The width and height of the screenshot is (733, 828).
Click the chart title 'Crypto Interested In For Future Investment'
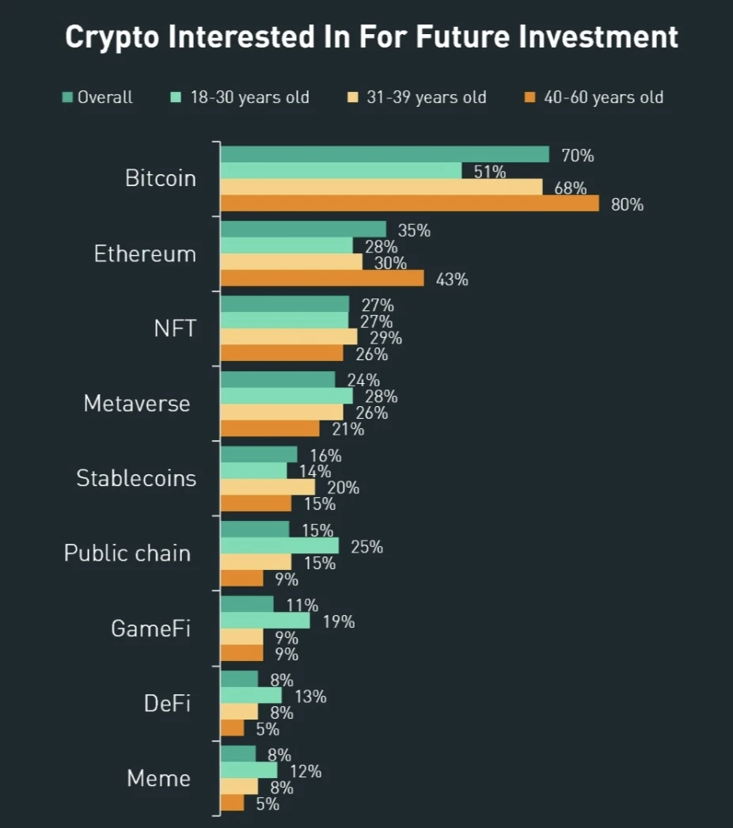point(371,37)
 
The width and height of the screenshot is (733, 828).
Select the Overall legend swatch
point(68,98)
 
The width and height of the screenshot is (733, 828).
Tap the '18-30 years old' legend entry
point(239,98)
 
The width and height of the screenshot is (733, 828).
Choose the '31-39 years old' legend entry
point(416,98)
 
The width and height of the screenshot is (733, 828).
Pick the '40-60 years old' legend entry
point(593,98)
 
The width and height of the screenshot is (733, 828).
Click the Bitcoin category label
point(161,178)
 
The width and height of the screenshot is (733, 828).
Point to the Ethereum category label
point(145,254)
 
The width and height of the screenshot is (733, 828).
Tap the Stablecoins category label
point(136,478)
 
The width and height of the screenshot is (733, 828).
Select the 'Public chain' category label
point(127,553)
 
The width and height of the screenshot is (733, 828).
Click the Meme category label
point(159,778)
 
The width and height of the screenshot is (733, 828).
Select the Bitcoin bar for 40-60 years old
point(409,203)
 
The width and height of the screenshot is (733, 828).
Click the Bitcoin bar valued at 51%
point(340,170)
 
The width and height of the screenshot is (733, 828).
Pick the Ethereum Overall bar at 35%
point(303,229)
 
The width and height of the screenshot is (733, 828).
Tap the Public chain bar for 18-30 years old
point(279,545)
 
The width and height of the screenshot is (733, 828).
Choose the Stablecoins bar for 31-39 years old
point(268,487)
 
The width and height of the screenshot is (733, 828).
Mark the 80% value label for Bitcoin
point(627,205)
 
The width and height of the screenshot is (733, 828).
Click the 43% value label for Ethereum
point(452,279)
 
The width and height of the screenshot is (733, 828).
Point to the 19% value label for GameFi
point(338,621)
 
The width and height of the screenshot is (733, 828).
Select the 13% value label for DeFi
point(310,697)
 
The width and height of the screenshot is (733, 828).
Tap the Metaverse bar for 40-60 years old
point(270,428)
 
